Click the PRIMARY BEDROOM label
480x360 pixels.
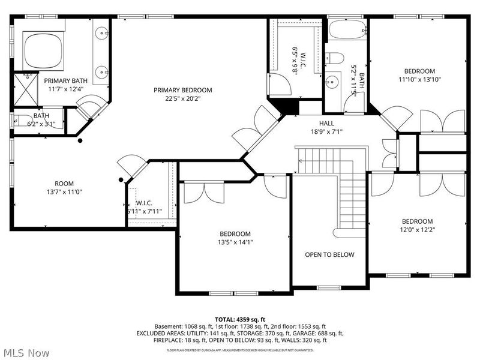182,90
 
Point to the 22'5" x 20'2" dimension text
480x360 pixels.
182,99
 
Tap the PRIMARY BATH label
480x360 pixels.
65,80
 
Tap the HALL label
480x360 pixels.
326,123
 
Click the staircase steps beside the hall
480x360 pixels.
351,192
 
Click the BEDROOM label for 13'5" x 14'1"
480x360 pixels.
235,233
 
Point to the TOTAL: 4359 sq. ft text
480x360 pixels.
239,319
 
